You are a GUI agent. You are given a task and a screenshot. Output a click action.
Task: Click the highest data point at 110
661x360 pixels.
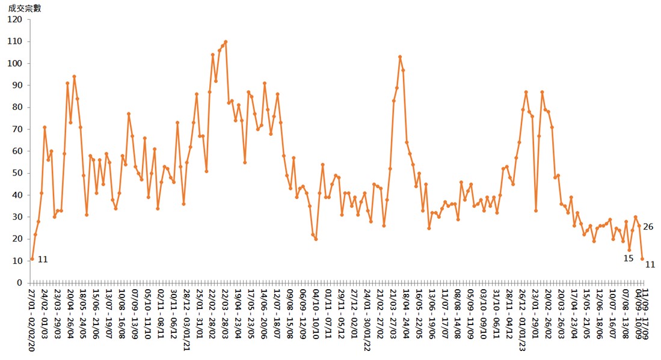point(226,42)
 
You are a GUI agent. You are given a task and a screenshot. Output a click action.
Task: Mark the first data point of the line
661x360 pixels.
point(32,259)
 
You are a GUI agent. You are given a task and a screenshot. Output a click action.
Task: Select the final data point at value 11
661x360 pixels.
point(642,259)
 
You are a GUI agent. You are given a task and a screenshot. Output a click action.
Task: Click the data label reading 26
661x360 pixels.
point(648,227)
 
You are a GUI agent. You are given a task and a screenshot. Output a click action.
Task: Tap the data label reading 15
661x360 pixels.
point(628,258)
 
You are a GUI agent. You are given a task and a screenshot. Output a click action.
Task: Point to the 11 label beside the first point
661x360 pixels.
point(42,260)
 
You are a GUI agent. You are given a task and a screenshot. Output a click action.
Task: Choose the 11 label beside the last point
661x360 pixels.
point(650,264)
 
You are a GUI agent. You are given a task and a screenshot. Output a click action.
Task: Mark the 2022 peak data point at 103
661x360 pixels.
point(400,57)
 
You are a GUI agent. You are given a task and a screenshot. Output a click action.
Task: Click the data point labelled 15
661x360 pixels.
point(629,250)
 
